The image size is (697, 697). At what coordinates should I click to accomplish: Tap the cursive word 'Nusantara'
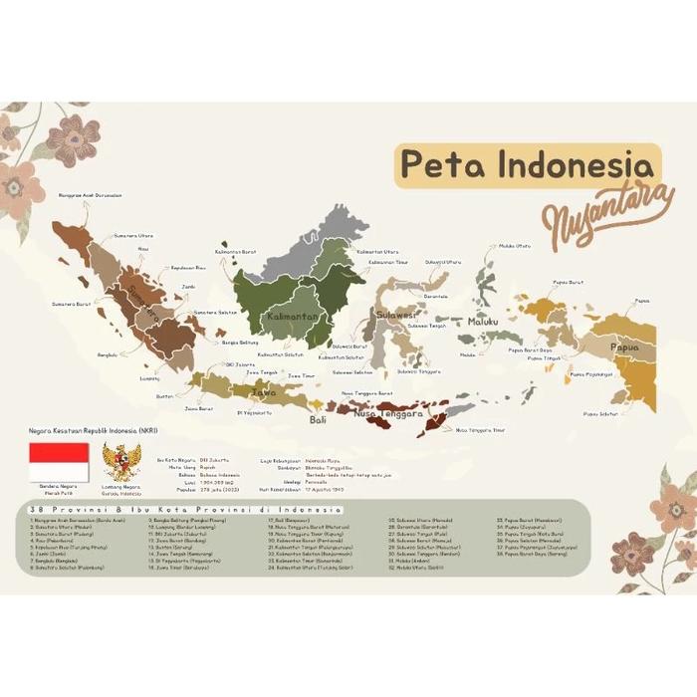[x=594, y=212]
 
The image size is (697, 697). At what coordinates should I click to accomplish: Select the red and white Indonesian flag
[x=59, y=462]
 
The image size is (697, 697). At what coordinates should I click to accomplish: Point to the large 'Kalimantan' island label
[x=293, y=317]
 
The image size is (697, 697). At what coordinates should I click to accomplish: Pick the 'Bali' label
[x=318, y=420]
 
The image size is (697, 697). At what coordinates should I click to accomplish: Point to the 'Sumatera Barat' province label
[x=71, y=303]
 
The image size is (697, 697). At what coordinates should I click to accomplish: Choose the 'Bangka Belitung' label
[x=241, y=342]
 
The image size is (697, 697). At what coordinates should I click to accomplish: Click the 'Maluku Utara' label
[x=515, y=245]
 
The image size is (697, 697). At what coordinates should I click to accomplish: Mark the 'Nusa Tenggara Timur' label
[x=481, y=430]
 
